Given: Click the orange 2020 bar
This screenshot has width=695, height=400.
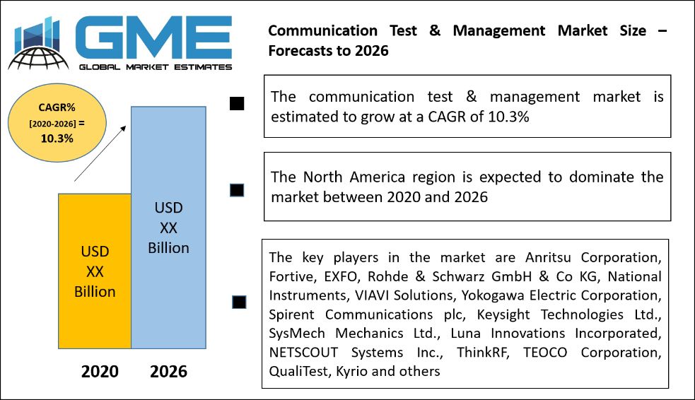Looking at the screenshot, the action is click(95, 271).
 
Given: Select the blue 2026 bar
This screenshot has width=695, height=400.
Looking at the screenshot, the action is click(168, 228).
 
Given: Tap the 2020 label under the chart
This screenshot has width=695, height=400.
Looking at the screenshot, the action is click(100, 371).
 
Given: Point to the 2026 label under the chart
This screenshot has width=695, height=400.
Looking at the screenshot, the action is click(168, 371).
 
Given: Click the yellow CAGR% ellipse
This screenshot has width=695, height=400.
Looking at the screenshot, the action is click(57, 123).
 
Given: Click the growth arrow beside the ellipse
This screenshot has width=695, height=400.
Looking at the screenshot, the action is click(100, 153).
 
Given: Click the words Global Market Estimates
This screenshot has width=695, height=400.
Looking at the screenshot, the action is click(156, 67).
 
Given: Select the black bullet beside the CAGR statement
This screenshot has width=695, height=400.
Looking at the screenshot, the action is click(237, 104).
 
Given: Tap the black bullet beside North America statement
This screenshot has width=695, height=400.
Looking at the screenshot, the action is click(237, 190).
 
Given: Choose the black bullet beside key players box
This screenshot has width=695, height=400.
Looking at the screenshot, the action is click(239, 302).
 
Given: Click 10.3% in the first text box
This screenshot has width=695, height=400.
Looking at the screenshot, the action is click(508, 117).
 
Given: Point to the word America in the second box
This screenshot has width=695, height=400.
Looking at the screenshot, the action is click(378, 177).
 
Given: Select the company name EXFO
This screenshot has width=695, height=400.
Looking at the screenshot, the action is click(340, 276).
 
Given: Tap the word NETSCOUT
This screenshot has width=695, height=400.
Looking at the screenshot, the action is click(303, 353).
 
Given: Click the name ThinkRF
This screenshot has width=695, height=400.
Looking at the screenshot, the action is click(483, 353).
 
